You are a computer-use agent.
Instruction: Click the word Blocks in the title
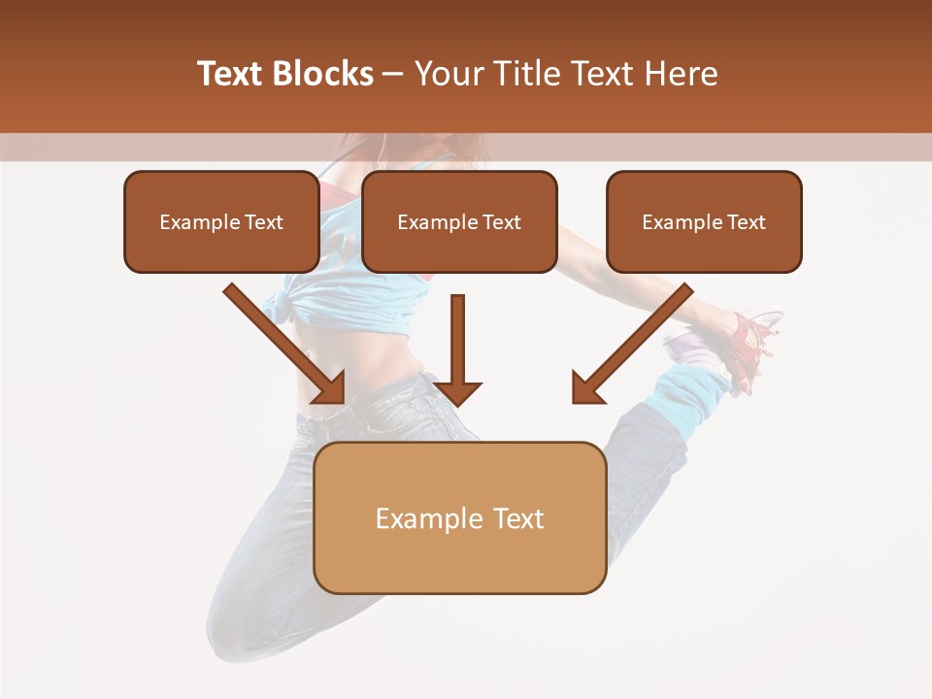click(322, 73)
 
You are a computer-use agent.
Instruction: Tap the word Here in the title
click(679, 73)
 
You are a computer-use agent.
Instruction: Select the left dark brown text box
click(221, 221)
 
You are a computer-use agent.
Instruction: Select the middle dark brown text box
click(459, 221)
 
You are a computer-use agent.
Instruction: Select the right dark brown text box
click(704, 221)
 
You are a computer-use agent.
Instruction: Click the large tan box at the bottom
click(459, 517)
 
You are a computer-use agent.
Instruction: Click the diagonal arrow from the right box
click(631, 344)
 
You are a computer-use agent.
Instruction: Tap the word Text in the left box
click(264, 222)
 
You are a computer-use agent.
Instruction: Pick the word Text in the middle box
click(502, 222)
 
